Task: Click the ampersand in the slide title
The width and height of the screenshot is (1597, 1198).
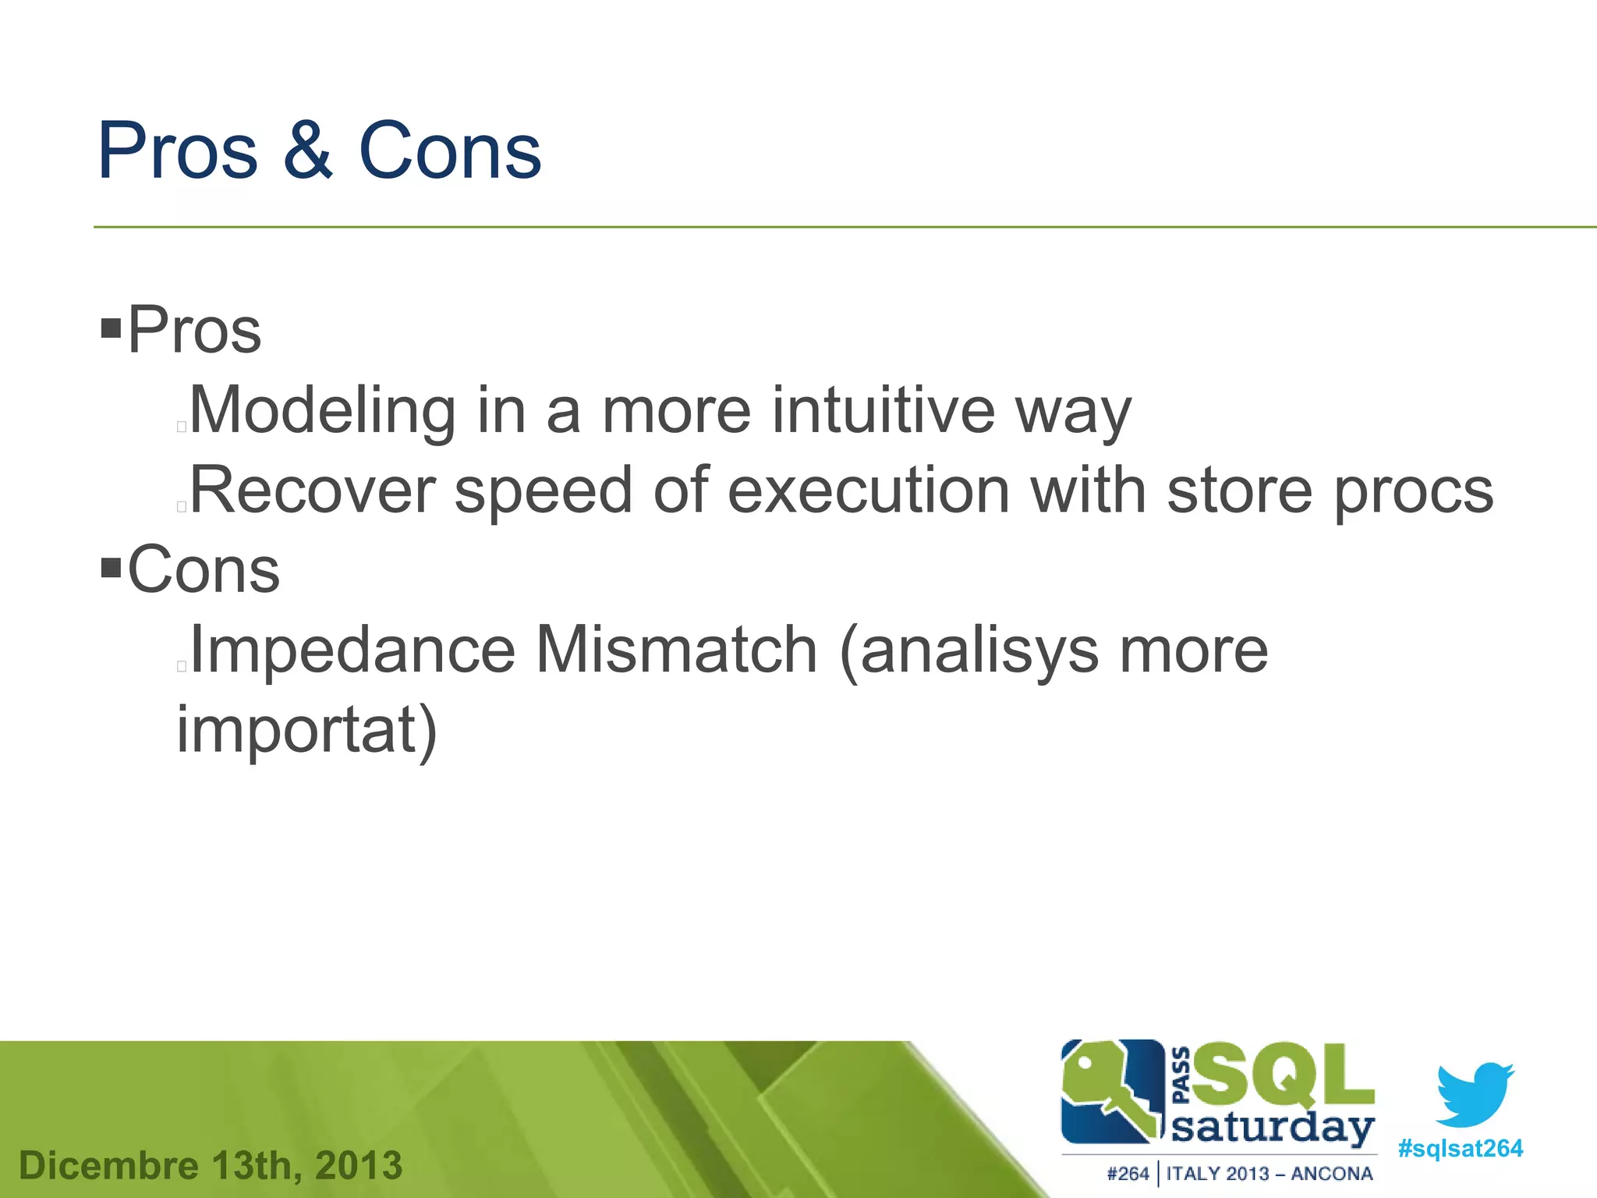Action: (x=309, y=151)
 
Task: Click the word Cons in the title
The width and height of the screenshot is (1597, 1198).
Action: (x=450, y=151)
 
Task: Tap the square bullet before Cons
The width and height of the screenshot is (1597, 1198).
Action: (x=112, y=567)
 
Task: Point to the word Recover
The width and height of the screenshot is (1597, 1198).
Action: (x=312, y=491)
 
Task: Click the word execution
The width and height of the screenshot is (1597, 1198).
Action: (x=869, y=491)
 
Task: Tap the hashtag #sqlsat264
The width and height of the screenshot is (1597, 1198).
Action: (x=1460, y=1149)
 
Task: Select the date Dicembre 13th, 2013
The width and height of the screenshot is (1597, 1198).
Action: (x=211, y=1166)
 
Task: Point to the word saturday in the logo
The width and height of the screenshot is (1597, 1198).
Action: (x=1273, y=1129)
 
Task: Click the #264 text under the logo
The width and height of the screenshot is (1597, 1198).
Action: (x=1128, y=1174)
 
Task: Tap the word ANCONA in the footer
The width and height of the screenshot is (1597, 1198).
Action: (x=1332, y=1174)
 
